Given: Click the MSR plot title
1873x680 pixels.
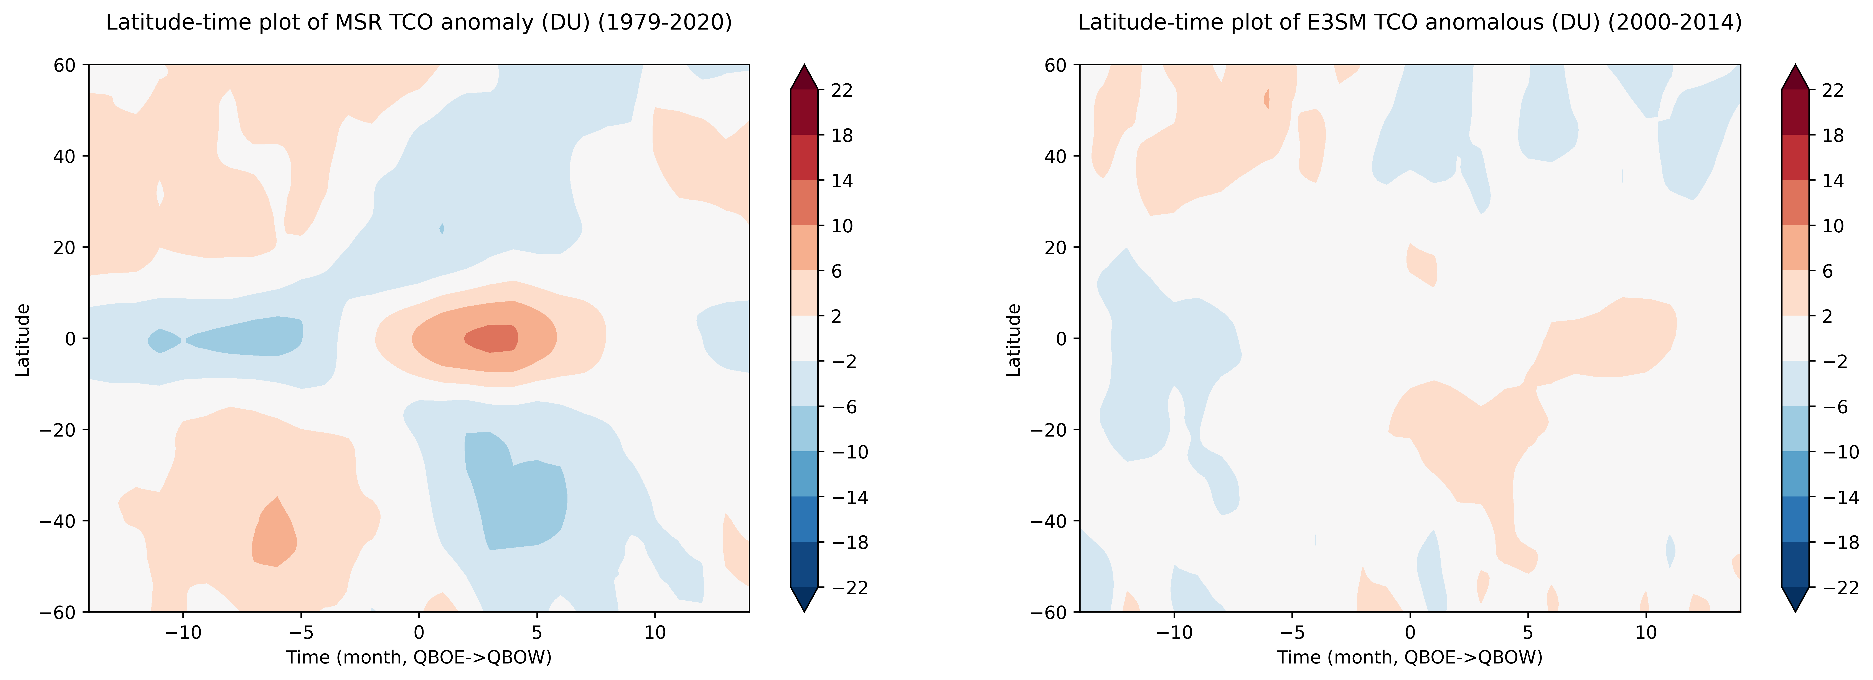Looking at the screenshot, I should tap(419, 23).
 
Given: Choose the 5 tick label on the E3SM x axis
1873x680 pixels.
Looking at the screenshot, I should tap(1528, 632).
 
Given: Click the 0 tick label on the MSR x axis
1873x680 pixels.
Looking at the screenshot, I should tap(419, 632).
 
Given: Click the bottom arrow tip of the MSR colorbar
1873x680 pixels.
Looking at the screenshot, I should tap(804, 611).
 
